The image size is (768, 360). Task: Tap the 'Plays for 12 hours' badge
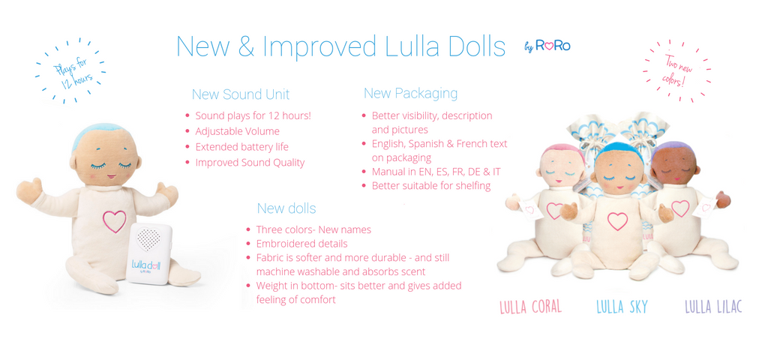coord(70,71)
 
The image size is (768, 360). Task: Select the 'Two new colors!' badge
coord(676,71)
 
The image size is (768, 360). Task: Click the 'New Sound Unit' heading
coord(241,94)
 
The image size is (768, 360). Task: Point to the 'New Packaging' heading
coord(410,93)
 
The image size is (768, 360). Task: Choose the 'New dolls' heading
coord(286,208)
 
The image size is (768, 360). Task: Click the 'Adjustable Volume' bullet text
coord(238,131)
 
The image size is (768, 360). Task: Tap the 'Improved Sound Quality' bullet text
coord(250,163)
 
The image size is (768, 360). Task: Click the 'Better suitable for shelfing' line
coord(431,186)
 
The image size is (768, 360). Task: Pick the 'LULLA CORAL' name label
coord(530,307)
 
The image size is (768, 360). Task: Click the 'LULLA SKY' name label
coord(622,307)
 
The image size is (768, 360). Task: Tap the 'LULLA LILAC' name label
coord(714,307)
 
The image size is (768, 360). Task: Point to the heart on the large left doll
coord(114,221)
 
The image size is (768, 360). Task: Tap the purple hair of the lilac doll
coord(670,148)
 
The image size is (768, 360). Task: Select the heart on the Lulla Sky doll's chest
coord(617,221)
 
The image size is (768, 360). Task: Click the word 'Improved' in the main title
coord(319,46)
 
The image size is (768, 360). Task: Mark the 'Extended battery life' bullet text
coord(242,147)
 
